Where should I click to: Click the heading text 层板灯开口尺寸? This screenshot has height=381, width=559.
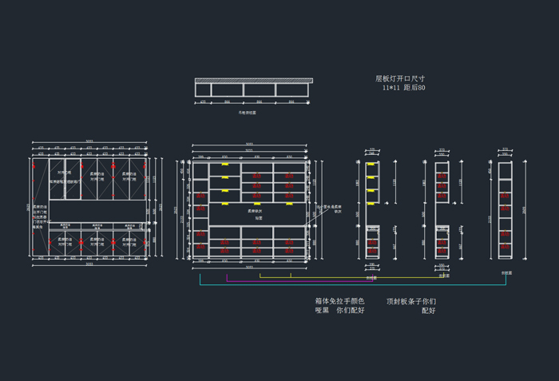tap(400, 78)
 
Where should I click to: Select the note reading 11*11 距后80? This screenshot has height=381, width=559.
tap(403, 88)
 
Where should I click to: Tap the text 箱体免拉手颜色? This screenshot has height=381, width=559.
tap(339, 301)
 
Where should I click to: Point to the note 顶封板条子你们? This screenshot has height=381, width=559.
tap(410, 301)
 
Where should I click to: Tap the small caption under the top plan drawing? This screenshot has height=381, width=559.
tap(248, 113)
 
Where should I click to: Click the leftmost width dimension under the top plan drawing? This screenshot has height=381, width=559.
tap(203, 102)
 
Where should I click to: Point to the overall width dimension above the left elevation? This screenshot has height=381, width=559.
tap(89, 141)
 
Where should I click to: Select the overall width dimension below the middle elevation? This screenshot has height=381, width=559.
tap(249, 268)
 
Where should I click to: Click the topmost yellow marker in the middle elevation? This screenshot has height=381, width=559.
tap(225, 164)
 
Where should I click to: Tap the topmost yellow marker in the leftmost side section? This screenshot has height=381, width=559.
tap(371, 164)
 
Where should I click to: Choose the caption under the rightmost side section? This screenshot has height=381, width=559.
tap(505, 273)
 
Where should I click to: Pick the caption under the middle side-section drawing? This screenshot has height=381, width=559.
tap(444, 276)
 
